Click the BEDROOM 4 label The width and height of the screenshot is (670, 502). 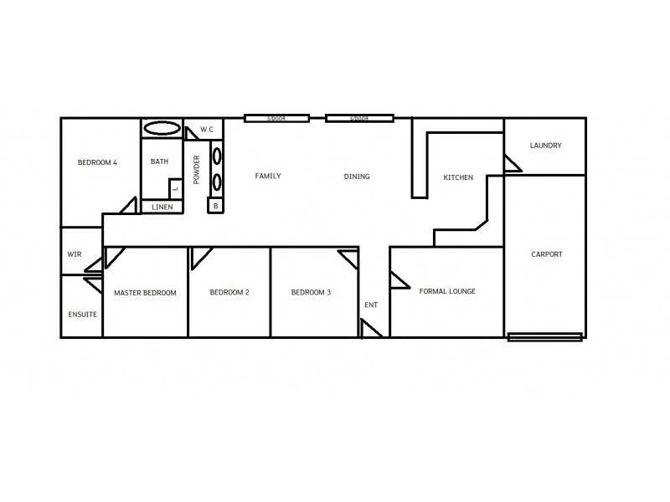pos(97,162)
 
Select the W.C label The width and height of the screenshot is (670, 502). pos(206,130)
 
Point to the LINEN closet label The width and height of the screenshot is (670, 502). pos(162,207)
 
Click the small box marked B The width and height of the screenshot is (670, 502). pos(215,205)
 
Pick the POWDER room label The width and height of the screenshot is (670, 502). pos(197,170)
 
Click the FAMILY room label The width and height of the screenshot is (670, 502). pos(268,176)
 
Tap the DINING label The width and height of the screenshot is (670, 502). pos(357,177)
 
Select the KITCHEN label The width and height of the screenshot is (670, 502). pos(458,177)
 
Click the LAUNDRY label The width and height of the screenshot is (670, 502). pos(545,146)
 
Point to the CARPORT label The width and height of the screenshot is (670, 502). pos(547,254)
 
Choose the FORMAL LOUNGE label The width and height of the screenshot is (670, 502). pos(447,291)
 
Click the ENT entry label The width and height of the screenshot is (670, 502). pos(371,305)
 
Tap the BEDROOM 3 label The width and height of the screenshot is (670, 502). pos(311,292)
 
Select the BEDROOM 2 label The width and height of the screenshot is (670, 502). pos(229,292)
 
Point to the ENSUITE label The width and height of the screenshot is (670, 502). pos(82,314)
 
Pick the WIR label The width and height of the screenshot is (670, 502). pos(74,255)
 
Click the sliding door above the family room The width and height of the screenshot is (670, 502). pos(277,119)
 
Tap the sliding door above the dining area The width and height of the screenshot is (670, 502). pos(359,119)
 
